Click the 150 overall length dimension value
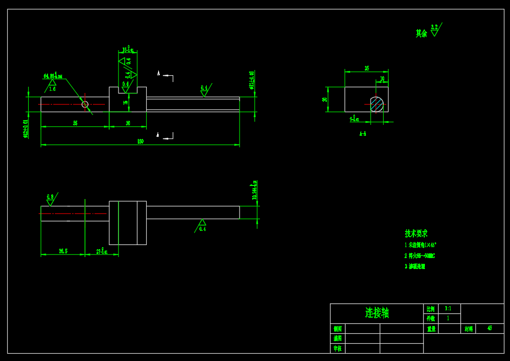(x=140, y=142)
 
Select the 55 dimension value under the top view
(x=75, y=123)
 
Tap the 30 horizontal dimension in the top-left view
(x=128, y=123)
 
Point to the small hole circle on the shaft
(x=85, y=104)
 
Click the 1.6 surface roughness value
(x=52, y=89)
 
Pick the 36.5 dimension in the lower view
(x=63, y=251)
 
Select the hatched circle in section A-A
(x=377, y=104)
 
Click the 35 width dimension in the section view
(x=366, y=68)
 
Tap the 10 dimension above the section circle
(x=382, y=79)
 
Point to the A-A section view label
(x=363, y=134)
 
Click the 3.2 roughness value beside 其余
(x=434, y=27)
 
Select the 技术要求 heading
(x=416, y=234)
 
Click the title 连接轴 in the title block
(x=377, y=313)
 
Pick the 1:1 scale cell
(x=448, y=309)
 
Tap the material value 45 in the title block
(x=490, y=328)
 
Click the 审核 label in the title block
(x=338, y=348)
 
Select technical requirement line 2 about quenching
(x=420, y=256)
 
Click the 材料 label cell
(x=468, y=329)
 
